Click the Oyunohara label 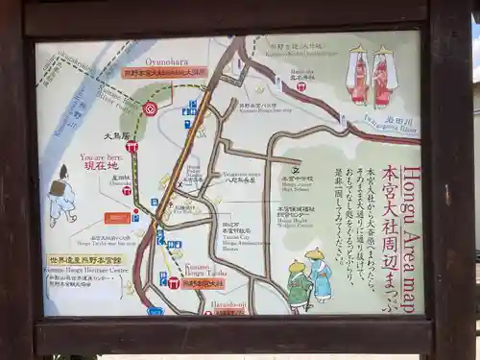click(164, 60)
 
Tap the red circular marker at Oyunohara click(150, 108)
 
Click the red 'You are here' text click(102, 156)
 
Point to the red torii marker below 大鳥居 click(132, 147)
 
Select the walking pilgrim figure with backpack click(61, 195)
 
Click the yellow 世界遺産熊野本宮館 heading click(85, 260)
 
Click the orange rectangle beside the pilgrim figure click(118, 218)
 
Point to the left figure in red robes click(359, 75)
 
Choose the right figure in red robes click(383, 75)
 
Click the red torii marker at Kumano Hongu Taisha click(174, 282)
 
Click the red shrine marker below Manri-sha click(300, 86)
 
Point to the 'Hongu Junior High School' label click(297, 183)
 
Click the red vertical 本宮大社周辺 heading click(390, 235)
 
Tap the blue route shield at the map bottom click(156, 311)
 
